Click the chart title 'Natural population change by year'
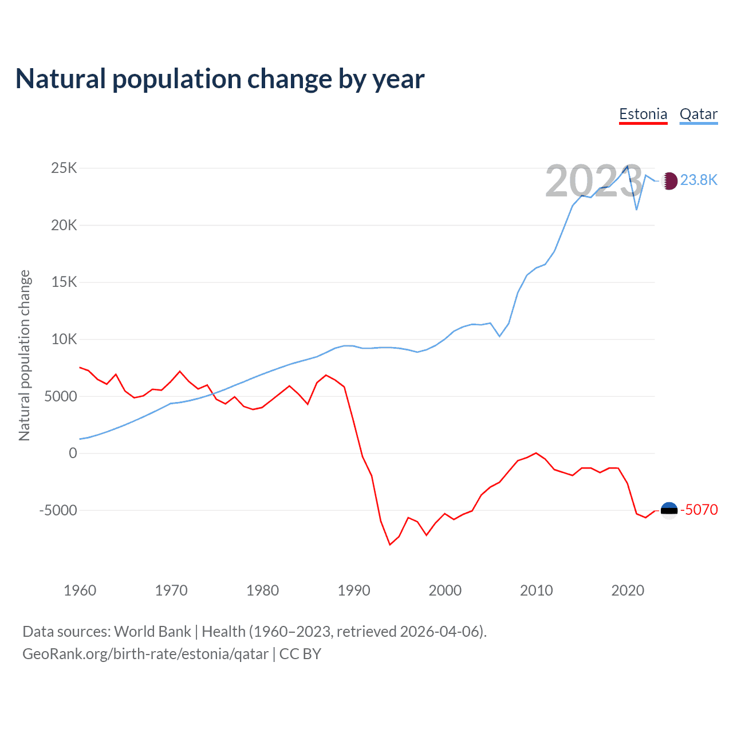click(220, 79)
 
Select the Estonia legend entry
click(643, 114)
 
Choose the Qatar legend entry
click(698, 114)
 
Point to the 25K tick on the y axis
click(64, 168)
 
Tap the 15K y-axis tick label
click(64, 282)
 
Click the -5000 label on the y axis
click(58, 510)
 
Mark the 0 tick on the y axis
click(73, 453)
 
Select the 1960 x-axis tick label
click(80, 590)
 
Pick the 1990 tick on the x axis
click(354, 590)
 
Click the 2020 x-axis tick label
click(628, 590)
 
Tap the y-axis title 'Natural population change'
click(24, 356)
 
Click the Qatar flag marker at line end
click(669, 181)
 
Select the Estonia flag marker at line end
click(669, 510)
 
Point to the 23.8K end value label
click(699, 180)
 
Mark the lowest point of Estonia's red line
click(390, 545)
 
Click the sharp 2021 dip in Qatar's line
click(637, 210)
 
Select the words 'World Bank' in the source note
click(152, 632)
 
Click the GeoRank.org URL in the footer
click(145, 654)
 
